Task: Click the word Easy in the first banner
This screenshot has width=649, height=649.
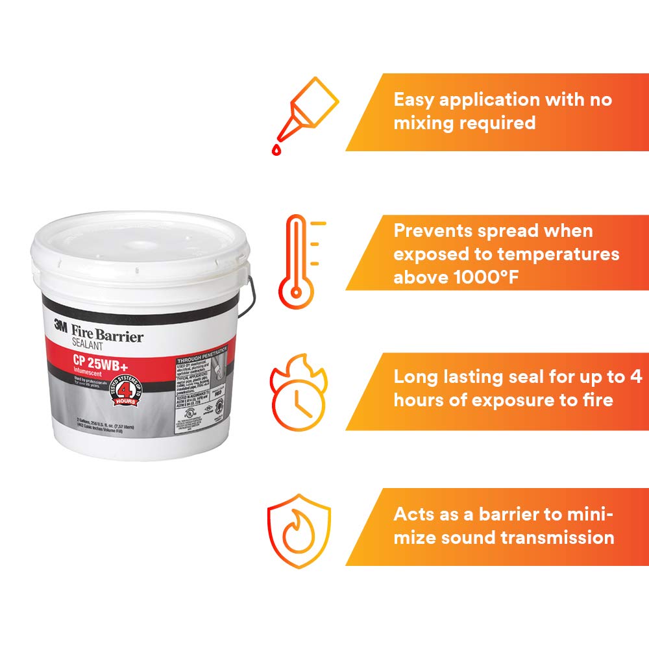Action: tap(414, 100)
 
